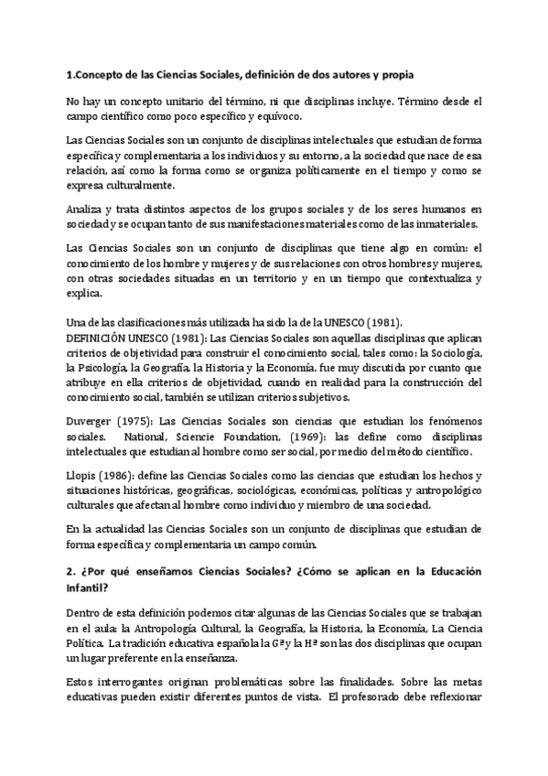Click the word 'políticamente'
[x=318, y=171]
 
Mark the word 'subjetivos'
[x=340, y=398]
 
